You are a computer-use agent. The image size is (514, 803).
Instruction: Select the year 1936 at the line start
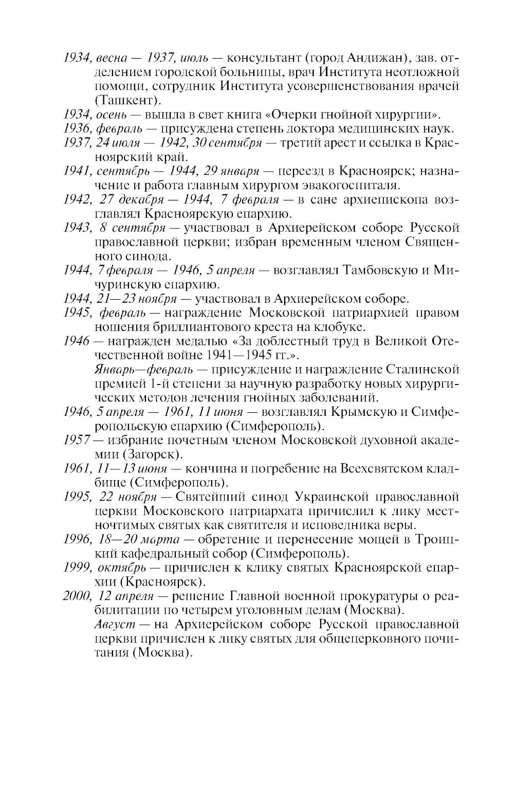(76, 128)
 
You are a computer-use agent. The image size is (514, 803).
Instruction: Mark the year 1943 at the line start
(77, 228)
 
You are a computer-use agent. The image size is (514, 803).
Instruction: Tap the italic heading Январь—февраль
(144, 369)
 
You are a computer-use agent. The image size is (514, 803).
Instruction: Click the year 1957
(76, 440)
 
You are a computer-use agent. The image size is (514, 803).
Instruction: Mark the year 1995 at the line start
(77, 497)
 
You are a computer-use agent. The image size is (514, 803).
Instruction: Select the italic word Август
(115, 625)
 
